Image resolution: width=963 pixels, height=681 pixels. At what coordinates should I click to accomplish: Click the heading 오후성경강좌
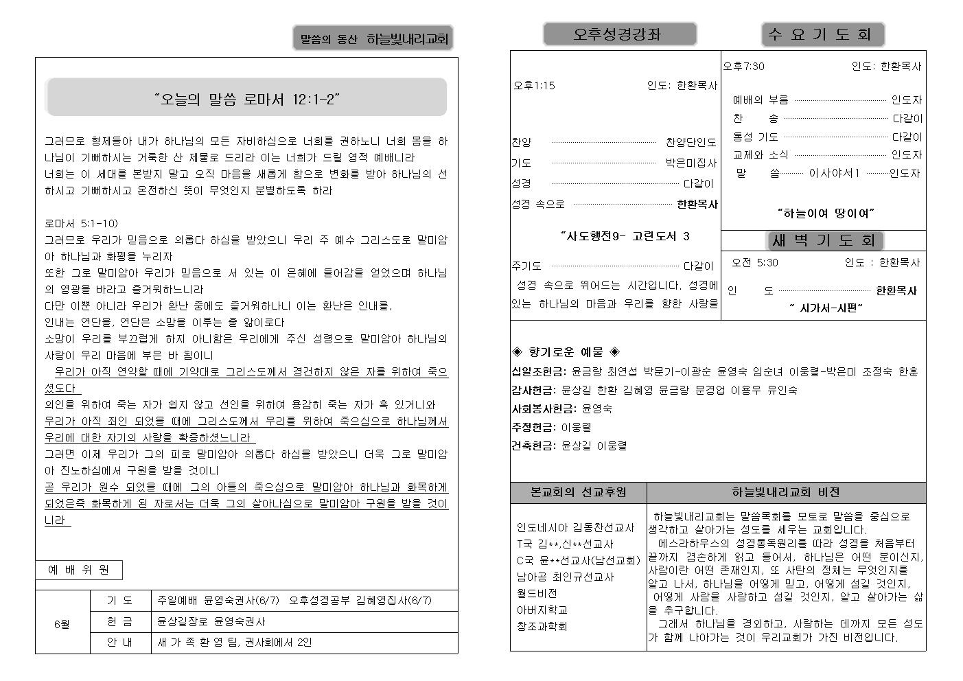pyautogui.click(x=619, y=34)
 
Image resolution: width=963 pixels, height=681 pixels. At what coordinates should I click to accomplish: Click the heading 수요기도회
pyautogui.click(x=822, y=34)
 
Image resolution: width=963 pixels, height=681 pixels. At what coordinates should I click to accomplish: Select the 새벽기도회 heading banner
pyautogui.click(x=824, y=240)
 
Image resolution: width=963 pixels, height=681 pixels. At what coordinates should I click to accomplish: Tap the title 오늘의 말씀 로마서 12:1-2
pyautogui.click(x=247, y=100)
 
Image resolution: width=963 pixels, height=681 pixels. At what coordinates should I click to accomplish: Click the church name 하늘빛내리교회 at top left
pyautogui.click(x=407, y=40)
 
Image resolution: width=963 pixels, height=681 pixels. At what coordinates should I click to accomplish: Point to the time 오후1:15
pyautogui.click(x=534, y=86)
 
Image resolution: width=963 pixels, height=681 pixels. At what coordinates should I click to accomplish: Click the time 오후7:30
pyautogui.click(x=743, y=67)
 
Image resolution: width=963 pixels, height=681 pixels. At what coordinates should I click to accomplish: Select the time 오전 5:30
pyautogui.click(x=754, y=263)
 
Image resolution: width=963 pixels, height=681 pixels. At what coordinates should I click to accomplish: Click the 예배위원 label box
pyautogui.click(x=79, y=570)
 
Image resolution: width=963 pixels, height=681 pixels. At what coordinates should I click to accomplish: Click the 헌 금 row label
pyautogui.click(x=120, y=622)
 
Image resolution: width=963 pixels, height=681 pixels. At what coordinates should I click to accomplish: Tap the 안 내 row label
pyautogui.click(x=120, y=643)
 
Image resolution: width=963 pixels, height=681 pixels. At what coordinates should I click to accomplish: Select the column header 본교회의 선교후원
pyautogui.click(x=578, y=492)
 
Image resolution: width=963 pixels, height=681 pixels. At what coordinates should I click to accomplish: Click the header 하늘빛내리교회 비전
pyautogui.click(x=785, y=492)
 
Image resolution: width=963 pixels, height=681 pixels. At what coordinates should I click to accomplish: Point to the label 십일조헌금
pyautogui.click(x=538, y=372)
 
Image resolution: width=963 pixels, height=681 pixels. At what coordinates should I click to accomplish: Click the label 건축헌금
pyautogui.click(x=533, y=446)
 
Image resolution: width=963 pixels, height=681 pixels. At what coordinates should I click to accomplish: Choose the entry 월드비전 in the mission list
pyautogui.click(x=537, y=593)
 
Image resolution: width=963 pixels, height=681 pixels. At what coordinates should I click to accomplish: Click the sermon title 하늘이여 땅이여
pyautogui.click(x=826, y=213)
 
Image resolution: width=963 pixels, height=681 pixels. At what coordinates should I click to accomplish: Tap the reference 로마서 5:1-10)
pyautogui.click(x=81, y=224)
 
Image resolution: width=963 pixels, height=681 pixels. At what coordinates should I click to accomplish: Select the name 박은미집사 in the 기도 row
pyautogui.click(x=691, y=163)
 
